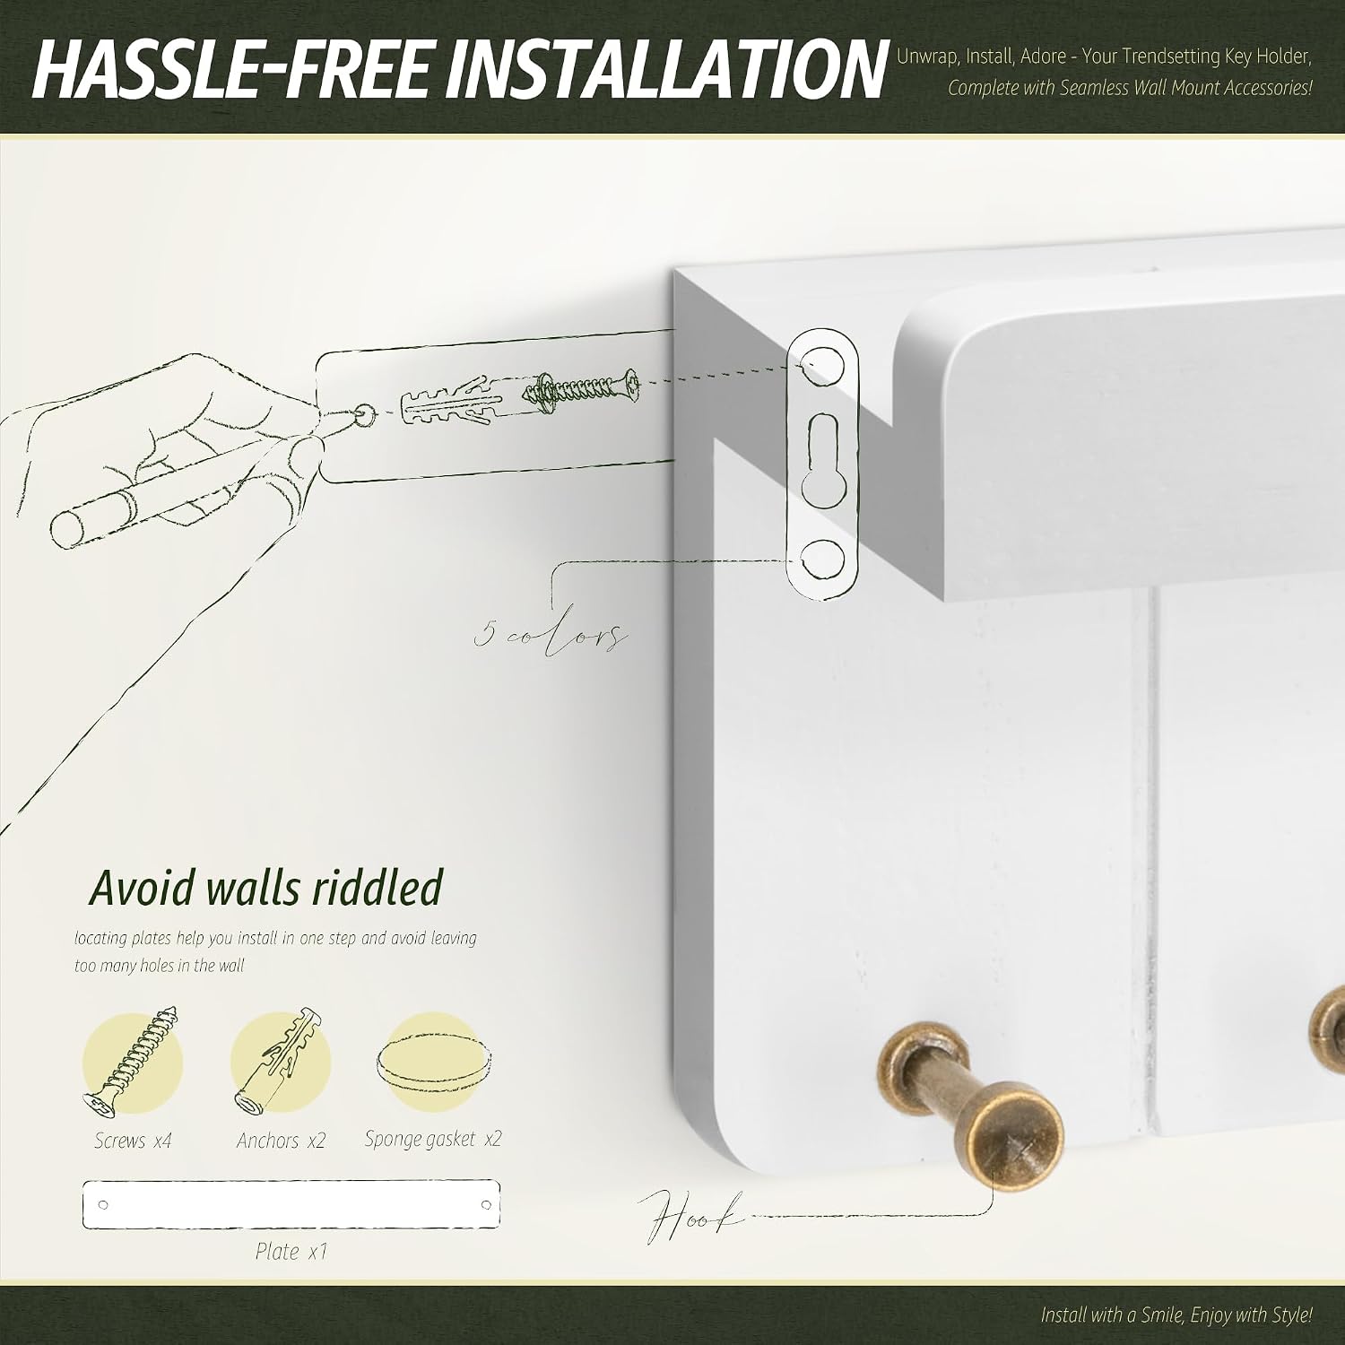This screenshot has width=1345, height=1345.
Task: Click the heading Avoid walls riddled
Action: pos(266,888)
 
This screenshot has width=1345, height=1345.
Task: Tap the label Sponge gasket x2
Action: pos(433,1139)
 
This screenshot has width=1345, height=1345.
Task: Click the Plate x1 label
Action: pos(291,1251)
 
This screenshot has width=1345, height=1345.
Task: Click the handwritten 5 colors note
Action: pos(550,634)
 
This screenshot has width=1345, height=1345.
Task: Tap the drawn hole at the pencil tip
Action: pos(364,414)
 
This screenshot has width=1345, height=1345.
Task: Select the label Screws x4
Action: pos(133,1141)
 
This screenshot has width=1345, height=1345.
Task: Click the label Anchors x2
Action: pos(281,1141)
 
